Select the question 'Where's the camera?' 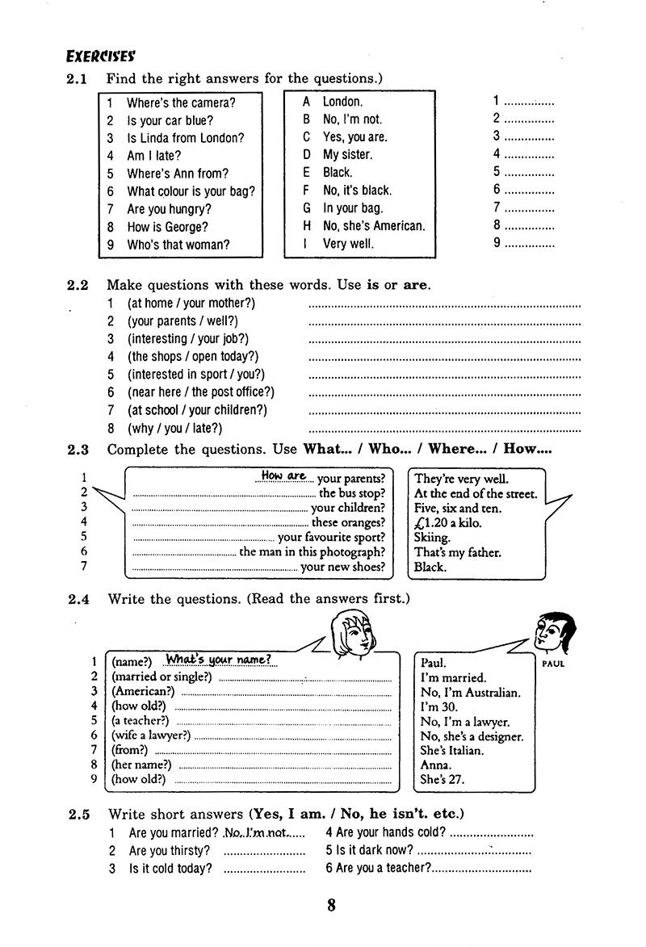click(181, 103)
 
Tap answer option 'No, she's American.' click(373, 226)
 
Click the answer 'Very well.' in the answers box click(348, 244)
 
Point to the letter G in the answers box click(306, 208)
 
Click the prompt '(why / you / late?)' click(174, 428)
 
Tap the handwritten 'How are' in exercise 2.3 click(283, 476)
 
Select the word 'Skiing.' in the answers click(433, 538)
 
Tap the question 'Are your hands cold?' click(385, 832)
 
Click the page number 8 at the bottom click(331, 905)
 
